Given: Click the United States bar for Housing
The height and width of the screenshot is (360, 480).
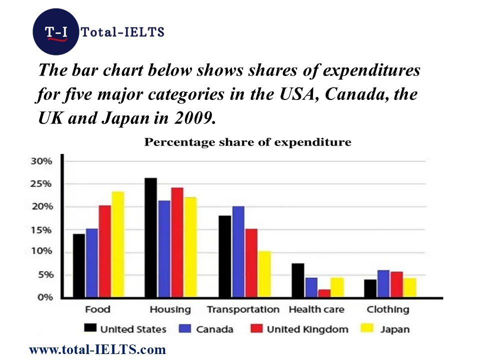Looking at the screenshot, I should [150, 237].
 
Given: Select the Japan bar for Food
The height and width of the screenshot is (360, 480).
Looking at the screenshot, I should [117, 244].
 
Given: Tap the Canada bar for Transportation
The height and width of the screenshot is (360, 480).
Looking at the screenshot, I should [238, 252].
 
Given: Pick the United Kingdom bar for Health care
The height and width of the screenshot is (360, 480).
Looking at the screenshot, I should [324, 293].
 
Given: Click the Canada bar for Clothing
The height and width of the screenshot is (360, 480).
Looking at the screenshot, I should [383, 283].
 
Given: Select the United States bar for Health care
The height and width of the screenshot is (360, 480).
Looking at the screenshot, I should [297, 280].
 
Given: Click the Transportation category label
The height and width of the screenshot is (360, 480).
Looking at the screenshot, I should [243, 309].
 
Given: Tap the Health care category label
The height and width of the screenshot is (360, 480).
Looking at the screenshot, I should [316, 309].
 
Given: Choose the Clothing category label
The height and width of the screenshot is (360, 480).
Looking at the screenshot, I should [387, 309].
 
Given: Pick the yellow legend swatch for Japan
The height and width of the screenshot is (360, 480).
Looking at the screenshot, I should [367, 328].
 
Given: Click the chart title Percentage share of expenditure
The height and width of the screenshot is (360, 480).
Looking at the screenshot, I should [248, 142].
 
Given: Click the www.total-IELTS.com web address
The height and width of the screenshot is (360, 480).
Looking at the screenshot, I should [97, 349].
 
